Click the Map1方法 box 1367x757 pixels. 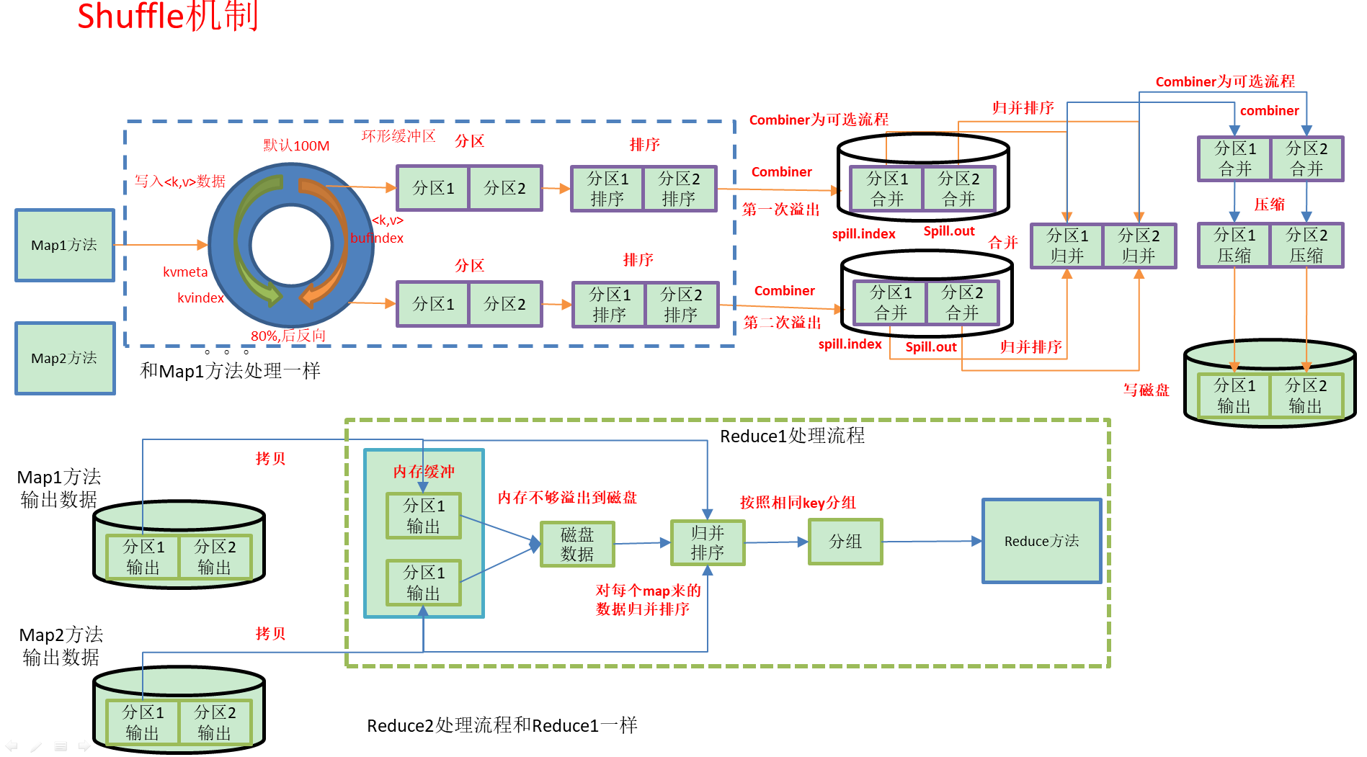tap(65, 245)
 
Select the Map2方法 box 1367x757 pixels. tap(65, 358)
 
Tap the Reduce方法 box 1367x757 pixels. tap(1041, 541)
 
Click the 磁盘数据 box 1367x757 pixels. tap(577, 545)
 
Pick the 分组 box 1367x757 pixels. tap(845, 542)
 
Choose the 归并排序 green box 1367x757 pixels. tap(707, 542)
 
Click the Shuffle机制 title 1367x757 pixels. tap(167, 16)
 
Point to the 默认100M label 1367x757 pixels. tap(296, 145)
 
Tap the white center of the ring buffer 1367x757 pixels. tap(291, 245)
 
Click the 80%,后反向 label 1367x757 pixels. tap(288, 336)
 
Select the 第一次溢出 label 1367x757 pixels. tap(781, 210)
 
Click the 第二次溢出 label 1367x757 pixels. tap(782, 323)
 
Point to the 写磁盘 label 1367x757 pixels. tap(1146, 390)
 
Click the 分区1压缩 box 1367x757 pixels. tap(1234, 246)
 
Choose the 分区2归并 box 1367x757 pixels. tap(1139, 246)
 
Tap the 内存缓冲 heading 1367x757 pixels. tap(424, 472)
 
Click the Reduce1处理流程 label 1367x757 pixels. tap(792, 436)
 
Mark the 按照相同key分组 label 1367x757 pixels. tap(798, 503)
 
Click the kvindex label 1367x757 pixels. tap(200, 298)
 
